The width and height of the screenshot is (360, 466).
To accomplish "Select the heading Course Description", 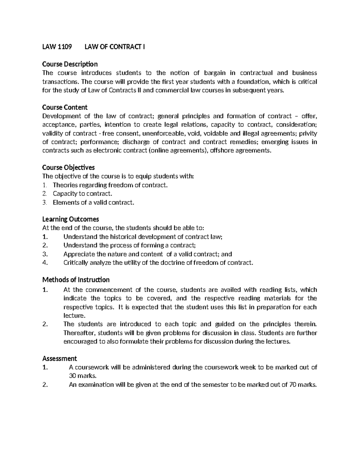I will [x=70, y=64].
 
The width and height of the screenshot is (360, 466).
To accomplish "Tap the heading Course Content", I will [x=65, y=107].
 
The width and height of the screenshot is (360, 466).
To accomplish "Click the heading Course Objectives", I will [x=68, y=167].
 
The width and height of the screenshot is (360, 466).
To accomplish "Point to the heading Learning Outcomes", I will [x=70, y=219].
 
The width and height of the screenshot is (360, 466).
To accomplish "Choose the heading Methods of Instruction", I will [x=76, y=280].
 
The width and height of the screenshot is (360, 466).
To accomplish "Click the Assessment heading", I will [x=60, y=358].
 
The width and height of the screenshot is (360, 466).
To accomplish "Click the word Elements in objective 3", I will [x=65, y=202].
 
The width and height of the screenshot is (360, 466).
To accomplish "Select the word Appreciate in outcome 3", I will [x=79, y=254].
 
